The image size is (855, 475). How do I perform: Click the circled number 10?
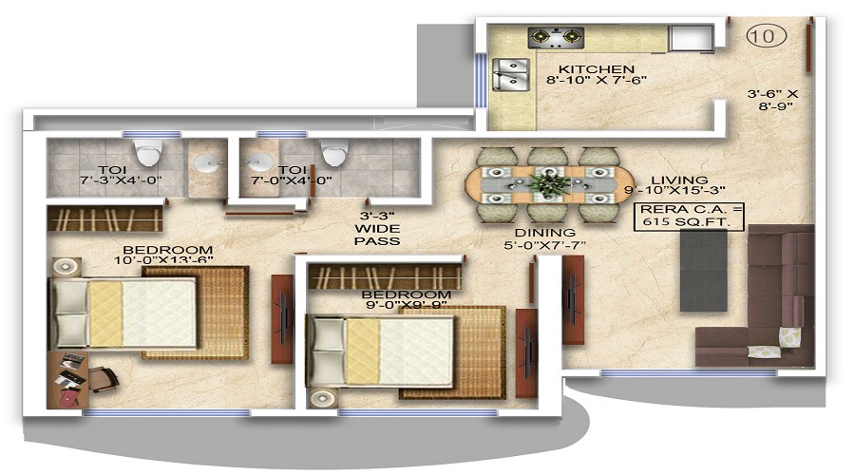766,36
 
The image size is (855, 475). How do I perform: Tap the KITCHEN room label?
597,69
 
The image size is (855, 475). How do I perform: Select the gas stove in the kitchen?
556,37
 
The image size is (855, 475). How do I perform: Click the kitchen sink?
510,74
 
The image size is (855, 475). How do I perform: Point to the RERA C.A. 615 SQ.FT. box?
690,216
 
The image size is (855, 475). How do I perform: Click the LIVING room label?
679,180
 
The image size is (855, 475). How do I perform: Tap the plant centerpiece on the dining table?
550,182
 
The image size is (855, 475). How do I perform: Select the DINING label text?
544,233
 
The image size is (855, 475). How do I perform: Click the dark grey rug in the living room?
703,271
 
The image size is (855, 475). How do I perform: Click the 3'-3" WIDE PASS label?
377,229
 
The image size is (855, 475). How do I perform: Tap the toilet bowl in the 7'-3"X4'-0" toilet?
149,152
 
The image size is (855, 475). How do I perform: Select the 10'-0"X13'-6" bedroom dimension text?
163,261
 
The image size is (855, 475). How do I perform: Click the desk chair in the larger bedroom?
103,378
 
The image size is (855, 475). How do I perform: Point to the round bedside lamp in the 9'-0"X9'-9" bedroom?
322,397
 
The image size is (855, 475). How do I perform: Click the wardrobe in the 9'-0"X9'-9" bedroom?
385,275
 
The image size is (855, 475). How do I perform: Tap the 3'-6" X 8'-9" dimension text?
773,100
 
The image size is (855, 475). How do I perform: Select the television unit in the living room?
573,300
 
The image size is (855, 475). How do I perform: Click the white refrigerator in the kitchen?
691,38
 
